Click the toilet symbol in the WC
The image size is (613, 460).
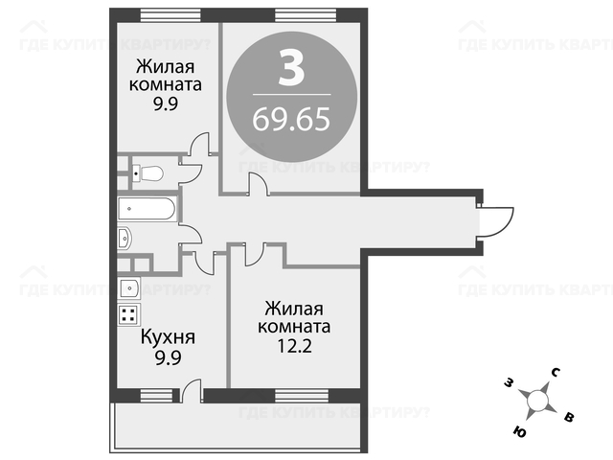(148, 173)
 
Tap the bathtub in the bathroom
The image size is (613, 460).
(147, 209)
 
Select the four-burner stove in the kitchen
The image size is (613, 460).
(128, 314)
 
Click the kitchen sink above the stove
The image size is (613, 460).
(128, 288)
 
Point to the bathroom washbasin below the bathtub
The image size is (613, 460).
(125, 238)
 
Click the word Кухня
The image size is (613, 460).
(168, 336)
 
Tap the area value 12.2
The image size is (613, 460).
(294, 345)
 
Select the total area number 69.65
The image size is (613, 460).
(291, 119)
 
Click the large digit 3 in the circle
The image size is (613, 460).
(291, 68)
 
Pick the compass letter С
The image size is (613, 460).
(556, 373)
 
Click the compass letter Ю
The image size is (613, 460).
(519, 432)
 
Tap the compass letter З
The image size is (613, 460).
(509, 383)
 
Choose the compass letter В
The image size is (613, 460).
(569, 417)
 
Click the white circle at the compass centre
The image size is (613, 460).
(537, 401)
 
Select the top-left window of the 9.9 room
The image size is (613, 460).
(170, 15)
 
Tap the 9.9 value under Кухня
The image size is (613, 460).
(169, 357)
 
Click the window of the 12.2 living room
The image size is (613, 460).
(302, 396)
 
